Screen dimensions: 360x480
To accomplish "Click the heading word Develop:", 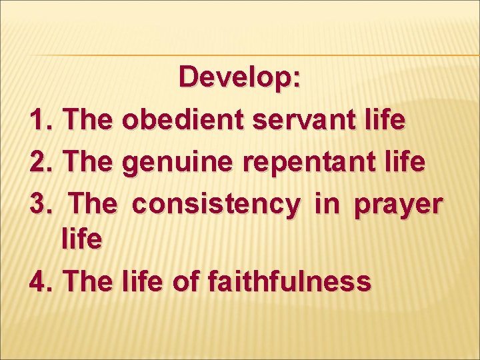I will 240,77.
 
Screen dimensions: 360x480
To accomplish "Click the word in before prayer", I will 327,203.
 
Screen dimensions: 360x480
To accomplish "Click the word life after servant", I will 387,120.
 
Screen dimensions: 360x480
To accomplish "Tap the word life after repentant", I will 406,161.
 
